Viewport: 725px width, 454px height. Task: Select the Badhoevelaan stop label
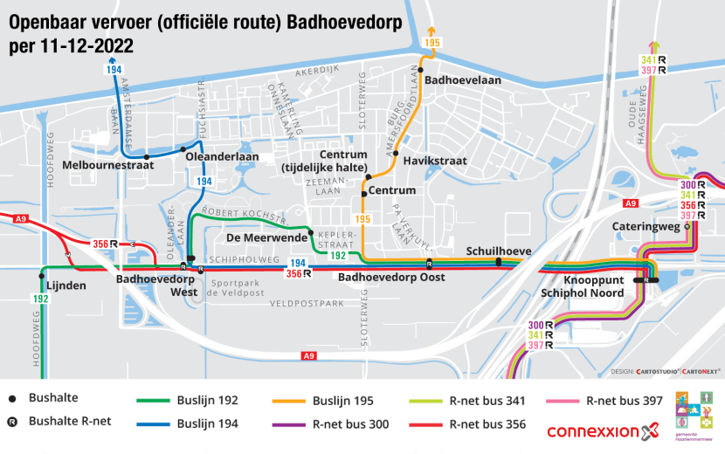point(460,79)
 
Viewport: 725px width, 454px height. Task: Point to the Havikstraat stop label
point(435,161)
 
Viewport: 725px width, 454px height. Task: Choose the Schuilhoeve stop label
point(498,251)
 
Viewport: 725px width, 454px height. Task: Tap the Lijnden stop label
point(67,285)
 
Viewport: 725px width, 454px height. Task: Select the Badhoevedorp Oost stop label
point(391,278)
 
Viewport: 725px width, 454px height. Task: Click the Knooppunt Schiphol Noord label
point(582,286)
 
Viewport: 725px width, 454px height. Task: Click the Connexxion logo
point(600,431)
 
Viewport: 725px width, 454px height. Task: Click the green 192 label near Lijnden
point(40,299)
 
